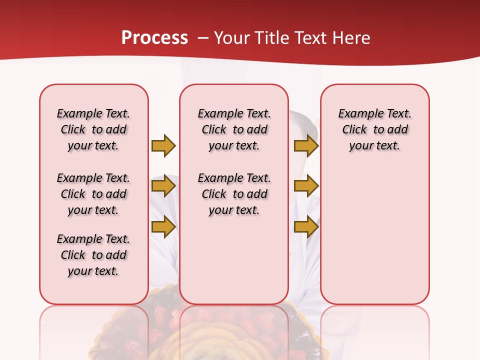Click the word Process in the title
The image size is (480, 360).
pos(154,38)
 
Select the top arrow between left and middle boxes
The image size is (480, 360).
pos(163,145)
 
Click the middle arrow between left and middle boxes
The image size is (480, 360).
pos(163,186)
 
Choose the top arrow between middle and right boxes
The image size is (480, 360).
pos(306,145)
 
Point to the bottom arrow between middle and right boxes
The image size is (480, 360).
pos(306,227)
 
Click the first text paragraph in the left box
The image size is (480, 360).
pos(93,129)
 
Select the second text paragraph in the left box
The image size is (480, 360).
pos(93,194)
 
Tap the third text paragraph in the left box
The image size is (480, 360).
pos(93,255)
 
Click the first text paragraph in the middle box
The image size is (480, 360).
pos(234,129)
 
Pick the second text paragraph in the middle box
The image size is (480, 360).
pos(234,194)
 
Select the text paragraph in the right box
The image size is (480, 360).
pos(374,129)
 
